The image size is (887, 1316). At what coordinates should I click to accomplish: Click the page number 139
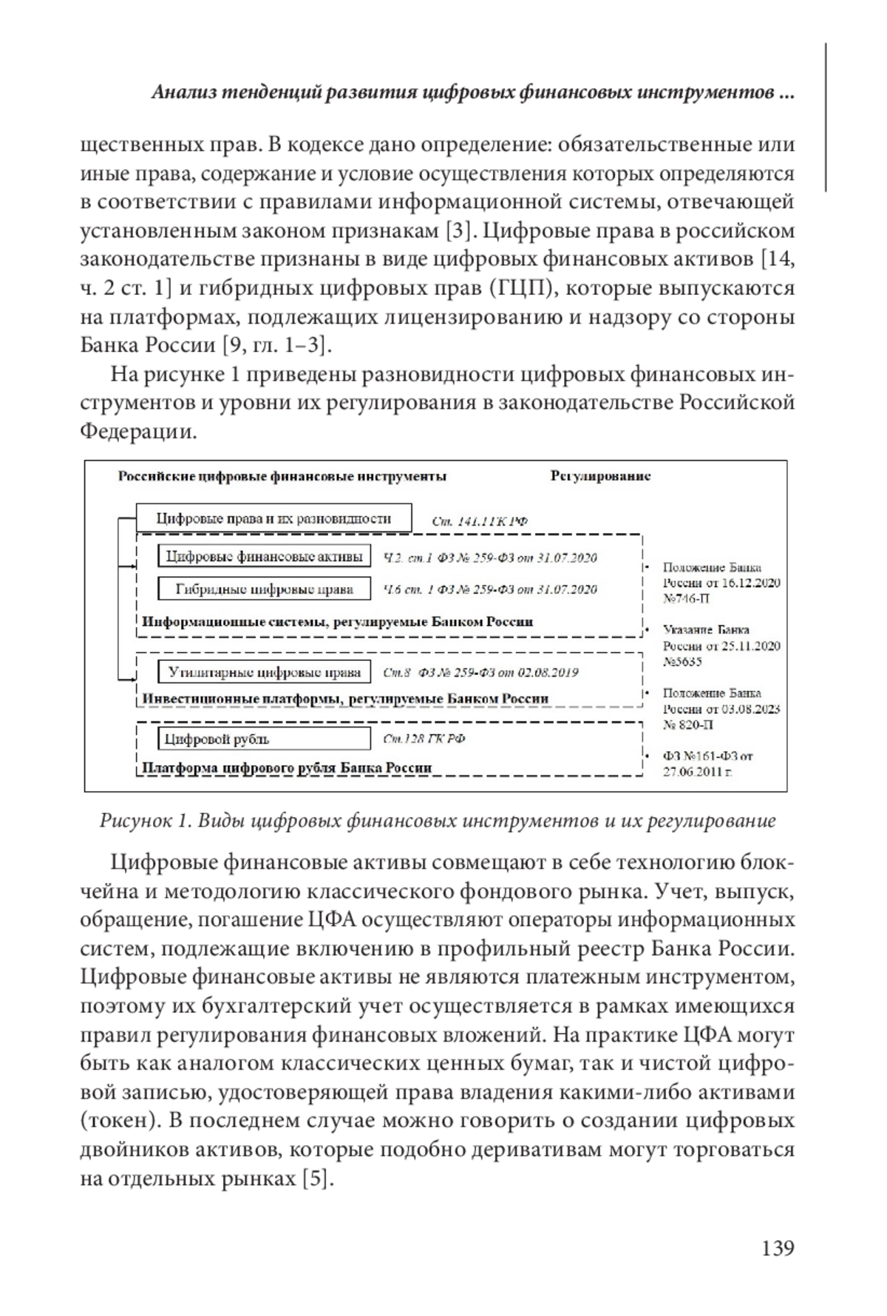click(778, 1249)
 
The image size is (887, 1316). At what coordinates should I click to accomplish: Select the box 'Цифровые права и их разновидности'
click(273, 519)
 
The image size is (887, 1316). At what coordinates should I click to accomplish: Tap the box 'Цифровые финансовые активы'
click(264, 557)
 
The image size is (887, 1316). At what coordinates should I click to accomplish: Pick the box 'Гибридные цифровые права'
click(264, 589)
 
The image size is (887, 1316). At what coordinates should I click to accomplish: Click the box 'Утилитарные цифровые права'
click(264, 673)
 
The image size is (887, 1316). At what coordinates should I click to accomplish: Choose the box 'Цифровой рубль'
click(264, 739)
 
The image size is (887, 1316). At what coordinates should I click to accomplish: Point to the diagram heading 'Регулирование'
click(600, 476)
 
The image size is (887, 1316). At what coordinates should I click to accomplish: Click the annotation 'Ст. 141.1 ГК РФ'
click(480, 521)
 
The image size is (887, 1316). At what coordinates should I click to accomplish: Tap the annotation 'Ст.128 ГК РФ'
click(424, 739)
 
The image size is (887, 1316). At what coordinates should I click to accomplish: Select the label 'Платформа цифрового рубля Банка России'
click(287, 767)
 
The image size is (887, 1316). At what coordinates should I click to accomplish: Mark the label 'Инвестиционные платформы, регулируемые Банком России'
click(345, 698)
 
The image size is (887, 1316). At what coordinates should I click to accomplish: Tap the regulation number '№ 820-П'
click(688, 725)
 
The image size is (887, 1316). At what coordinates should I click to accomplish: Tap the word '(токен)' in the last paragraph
click(120, 1120)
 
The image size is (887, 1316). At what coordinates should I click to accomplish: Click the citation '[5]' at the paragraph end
click(319, 1178)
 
